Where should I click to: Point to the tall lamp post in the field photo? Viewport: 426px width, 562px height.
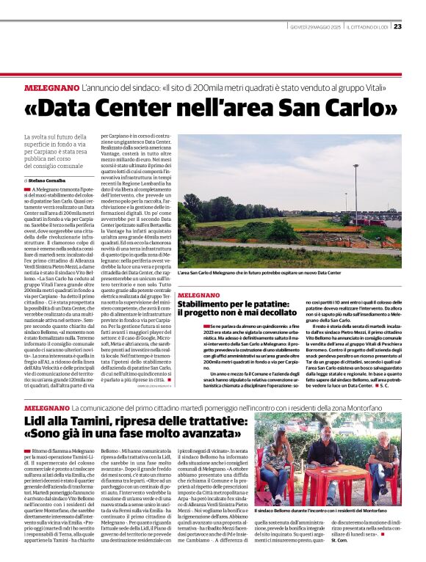click(355, 192)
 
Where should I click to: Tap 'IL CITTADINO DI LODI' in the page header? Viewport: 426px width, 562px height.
click(367, 27)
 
